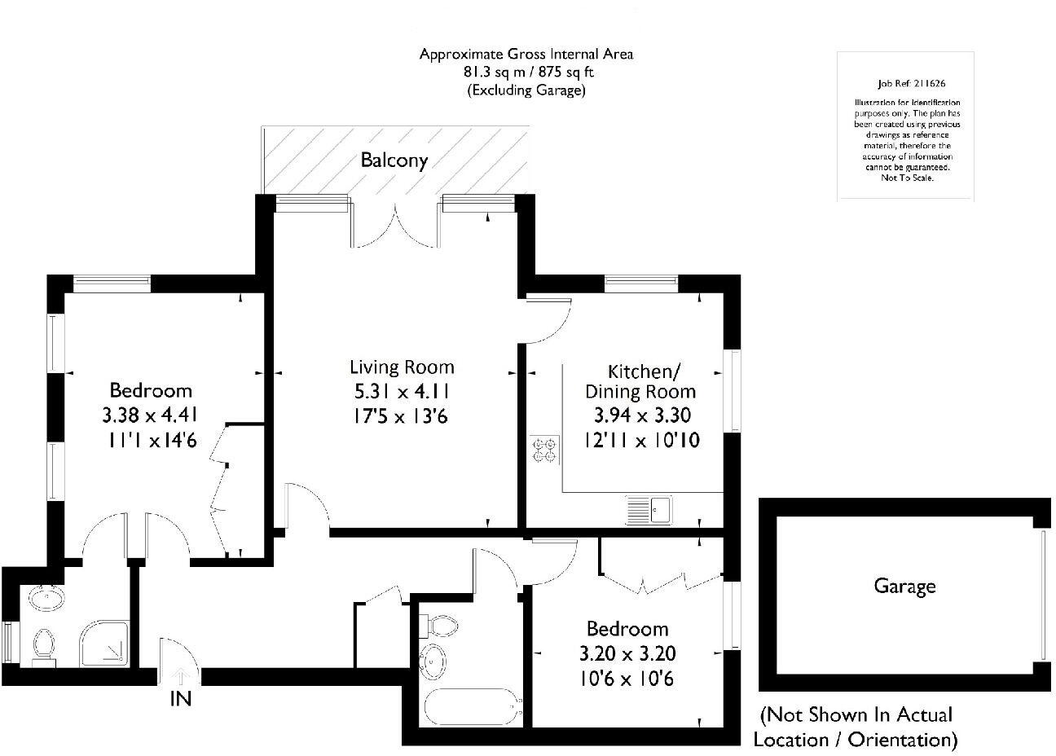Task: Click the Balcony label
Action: pos(394,160)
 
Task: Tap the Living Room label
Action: pos(402,367)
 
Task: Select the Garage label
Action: pos(904,586)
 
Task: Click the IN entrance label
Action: pos(181,698)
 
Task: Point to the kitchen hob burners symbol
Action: pos(544,451)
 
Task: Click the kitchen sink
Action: pos(649,511)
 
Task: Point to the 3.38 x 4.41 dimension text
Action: pos(151,416)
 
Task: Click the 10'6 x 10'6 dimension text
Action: pos(627,679)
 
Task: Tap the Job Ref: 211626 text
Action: pos(905,83)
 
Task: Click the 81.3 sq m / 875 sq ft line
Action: pos(526,73)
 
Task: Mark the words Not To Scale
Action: pos(907,177)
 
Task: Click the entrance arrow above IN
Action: pos(181,675)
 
